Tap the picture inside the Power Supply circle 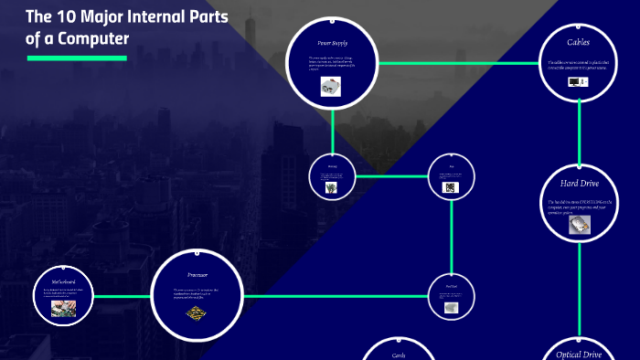pos(330,87)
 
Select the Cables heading pos(579,43)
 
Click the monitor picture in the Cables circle pos(574,81)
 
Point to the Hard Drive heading pos(579,183)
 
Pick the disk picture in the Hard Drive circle pos(579,224)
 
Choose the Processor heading pos(197,274)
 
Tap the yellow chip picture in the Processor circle pos(196,313)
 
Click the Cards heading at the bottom pos(399,355)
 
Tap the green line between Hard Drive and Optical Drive pos(580,292)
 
